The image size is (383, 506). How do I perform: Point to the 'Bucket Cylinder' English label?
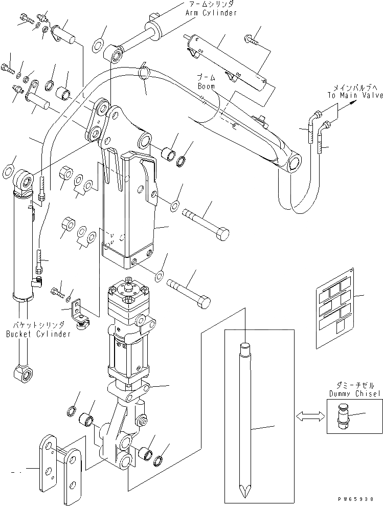38,334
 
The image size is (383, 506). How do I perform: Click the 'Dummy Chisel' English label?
354,393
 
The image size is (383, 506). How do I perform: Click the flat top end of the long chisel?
244,347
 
